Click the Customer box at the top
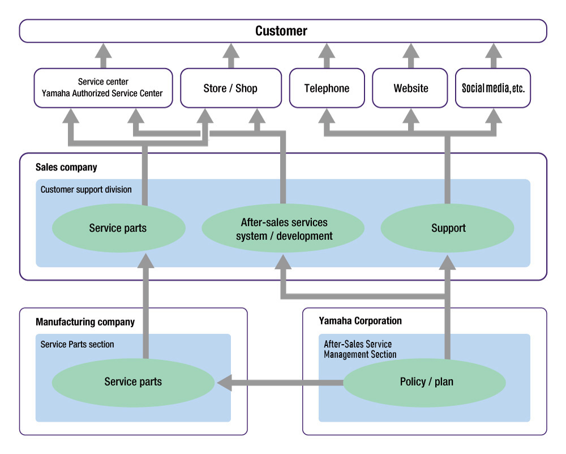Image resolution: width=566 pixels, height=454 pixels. [281, 31]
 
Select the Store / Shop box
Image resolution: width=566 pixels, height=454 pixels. [230, 88]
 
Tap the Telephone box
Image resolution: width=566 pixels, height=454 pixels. [327, 88]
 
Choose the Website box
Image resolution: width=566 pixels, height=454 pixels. [410, 88]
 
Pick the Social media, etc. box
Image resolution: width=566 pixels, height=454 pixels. [493, 88]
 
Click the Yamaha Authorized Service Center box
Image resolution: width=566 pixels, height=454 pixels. [103, 88]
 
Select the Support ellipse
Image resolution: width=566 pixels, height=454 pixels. [448, 228]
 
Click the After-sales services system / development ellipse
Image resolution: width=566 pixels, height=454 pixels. [284, 229]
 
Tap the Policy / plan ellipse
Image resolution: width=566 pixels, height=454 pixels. [426, 382]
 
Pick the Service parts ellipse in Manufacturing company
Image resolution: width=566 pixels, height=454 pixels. [133, 382]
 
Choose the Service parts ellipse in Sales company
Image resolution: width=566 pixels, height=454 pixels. [118, 228]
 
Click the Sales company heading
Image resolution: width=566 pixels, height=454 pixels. [66, 168]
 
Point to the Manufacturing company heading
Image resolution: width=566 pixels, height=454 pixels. [85, 322]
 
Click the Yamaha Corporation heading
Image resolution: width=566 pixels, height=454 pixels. [360, 321]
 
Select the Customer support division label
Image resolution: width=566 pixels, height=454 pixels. [86, 190]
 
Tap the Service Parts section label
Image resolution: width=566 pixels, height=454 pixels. [77, 344]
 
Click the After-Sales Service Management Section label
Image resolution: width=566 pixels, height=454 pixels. [359, 349]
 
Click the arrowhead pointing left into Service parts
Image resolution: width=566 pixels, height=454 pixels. [225, 383]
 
